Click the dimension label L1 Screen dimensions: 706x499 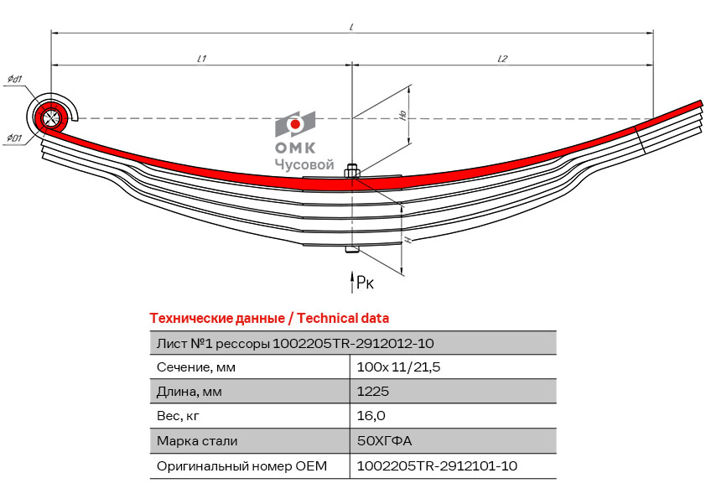coord(202,59)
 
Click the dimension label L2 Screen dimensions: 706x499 coord(502,59)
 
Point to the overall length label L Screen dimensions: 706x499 coord(351,27)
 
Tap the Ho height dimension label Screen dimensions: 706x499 coord(403,115)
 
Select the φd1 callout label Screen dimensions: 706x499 coord(15,80)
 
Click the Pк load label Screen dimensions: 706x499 coord(365,283)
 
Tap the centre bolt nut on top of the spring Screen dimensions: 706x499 coord(351,172)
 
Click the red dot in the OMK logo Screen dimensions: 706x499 coord(295,124)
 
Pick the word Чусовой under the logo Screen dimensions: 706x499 coord(304,164)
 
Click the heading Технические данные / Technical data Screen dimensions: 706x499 coord(269,319)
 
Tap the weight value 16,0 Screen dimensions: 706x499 coord(371,415)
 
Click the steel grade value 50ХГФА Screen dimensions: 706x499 coord(385,440)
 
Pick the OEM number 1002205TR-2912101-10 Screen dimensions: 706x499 coord(437,465)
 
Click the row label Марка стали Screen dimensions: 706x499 coord(197,440)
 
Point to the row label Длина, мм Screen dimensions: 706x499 coord(189,392)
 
